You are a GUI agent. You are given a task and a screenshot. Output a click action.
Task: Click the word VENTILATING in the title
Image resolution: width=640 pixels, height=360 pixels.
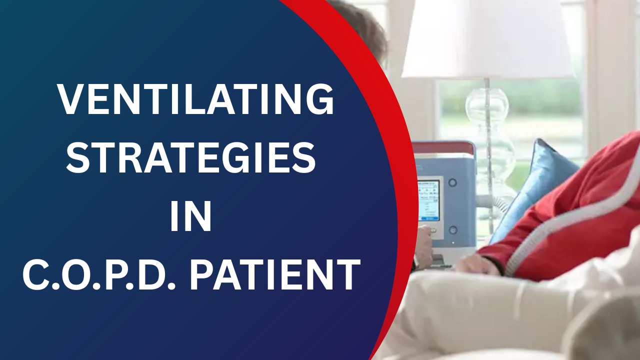(196, 99)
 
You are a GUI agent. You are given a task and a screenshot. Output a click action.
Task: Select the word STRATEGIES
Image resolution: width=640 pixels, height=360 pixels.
(191, 157)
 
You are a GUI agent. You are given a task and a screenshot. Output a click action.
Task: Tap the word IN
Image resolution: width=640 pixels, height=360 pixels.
(190, 216)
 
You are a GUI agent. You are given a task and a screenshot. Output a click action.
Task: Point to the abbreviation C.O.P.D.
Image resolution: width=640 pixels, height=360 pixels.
(99, 274)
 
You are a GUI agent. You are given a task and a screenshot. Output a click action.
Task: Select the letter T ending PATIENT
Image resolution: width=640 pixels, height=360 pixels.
(346, 274)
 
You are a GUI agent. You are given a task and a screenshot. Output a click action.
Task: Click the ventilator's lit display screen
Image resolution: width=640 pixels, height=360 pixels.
(428, 200)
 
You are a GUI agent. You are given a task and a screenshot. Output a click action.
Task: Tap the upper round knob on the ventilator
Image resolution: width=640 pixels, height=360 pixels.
(452, 182)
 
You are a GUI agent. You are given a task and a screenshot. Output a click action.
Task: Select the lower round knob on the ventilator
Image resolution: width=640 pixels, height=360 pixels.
(452, 229)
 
